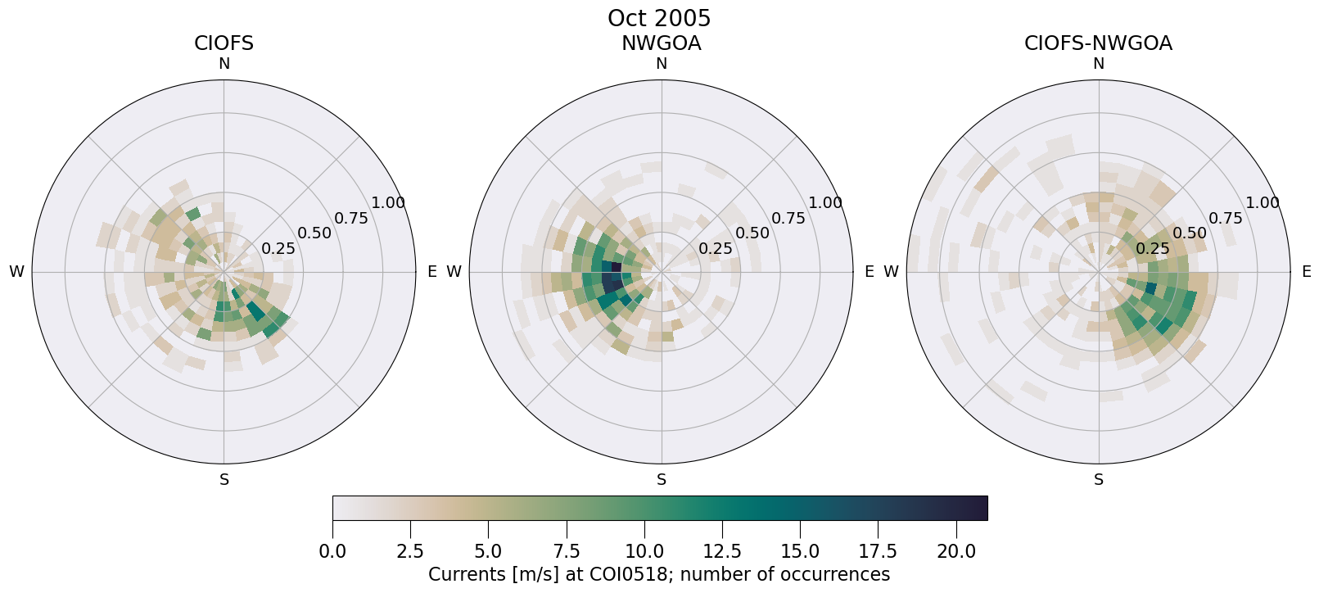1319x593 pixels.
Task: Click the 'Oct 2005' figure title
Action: click(x=659, y=18)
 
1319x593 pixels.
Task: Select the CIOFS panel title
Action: click(x=224, y=43)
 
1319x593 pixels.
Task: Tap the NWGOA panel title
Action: click(x=661, y=43)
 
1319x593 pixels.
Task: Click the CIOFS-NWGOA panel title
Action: click(x=1098, y=43)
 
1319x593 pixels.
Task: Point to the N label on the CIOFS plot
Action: click(x=224, y=64)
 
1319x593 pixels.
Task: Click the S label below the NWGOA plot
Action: click(x=662, y=480)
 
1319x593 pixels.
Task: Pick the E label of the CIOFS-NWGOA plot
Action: click(x=1307, y=272)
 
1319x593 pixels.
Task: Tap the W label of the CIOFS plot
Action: click(x=16, y=272)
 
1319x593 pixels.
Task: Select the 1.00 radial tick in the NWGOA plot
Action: click(x=825, y=203)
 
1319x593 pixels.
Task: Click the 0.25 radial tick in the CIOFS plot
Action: click(x=278, y=248)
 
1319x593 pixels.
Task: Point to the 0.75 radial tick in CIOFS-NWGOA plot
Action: click(x=1226, y=218)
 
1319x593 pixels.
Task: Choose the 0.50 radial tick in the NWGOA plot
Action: click(x=752, y=233)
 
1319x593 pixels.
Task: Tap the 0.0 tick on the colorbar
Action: click(x=332, y=552)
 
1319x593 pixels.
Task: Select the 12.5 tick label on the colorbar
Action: click(x=722, y=552)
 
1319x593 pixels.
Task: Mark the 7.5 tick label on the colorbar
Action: click(x=567, y=552)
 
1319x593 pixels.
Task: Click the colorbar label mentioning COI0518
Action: click(x=659, y=574)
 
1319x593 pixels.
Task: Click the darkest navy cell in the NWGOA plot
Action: click(x=610, y=281)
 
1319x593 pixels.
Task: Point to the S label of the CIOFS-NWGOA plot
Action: click(x=1099, y=480)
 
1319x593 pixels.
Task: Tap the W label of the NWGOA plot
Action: click(x=454, y=272)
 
